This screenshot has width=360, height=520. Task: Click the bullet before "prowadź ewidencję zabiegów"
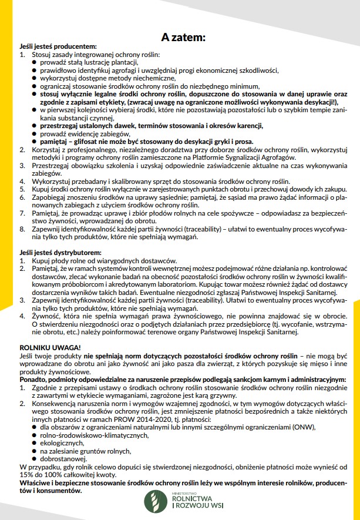pos(35,134)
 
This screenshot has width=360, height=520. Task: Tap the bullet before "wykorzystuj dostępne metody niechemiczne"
pos(35,78)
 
